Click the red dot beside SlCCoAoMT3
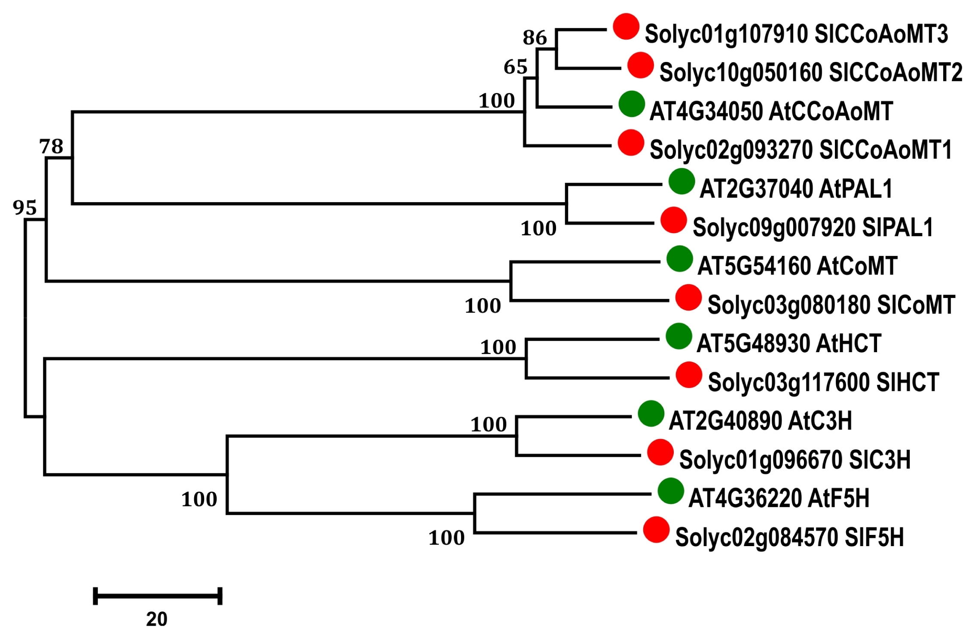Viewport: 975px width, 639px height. pyautogui.click(x=626, y=27)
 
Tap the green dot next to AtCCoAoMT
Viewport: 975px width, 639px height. pyautogui.click(x=632, y=104)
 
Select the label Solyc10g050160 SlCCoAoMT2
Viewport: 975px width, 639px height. pyautogui.click(x=811, y=73)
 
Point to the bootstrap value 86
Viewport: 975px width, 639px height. pyautogui.click(x=535, y=38)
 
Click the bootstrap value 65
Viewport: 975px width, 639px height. pyautogui.click(x=516, y=67)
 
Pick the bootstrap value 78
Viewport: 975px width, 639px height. pyautogui.click(x=51, y=147)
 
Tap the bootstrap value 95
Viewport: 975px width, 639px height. pyautogui.click(x=25, y=208)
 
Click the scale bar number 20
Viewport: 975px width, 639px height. pyautogui.click(x=156, y=619)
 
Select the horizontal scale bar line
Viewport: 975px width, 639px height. pyautogui.click(x=158, y=596)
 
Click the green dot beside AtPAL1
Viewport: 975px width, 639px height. pyautogui.click(x=682, y=181)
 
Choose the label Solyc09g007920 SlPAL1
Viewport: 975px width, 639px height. pyautogui.click(x=813, y=227)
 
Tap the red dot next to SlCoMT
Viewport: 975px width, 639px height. pyautogui.click(x=688, y=298)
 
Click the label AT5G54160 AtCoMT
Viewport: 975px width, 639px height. pyautogui.click(x=797, y=266)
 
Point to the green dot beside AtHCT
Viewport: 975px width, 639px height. pyautogui.click(x=679, y=336)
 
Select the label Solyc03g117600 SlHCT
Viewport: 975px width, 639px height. pyautogui.click(x=823, y=382)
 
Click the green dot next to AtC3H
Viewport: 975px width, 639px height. pyautogui.click(x=651, y=414)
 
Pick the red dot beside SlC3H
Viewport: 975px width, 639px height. pyautogui.click(x=660, y=452)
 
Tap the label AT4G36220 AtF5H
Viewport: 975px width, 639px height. pyautogui.click(x=779, y=498)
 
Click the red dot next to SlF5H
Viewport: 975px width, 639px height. pyautogui.click(x=656, y=530)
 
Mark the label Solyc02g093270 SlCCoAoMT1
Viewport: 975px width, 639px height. pyautogui.click(x=801, y=150)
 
